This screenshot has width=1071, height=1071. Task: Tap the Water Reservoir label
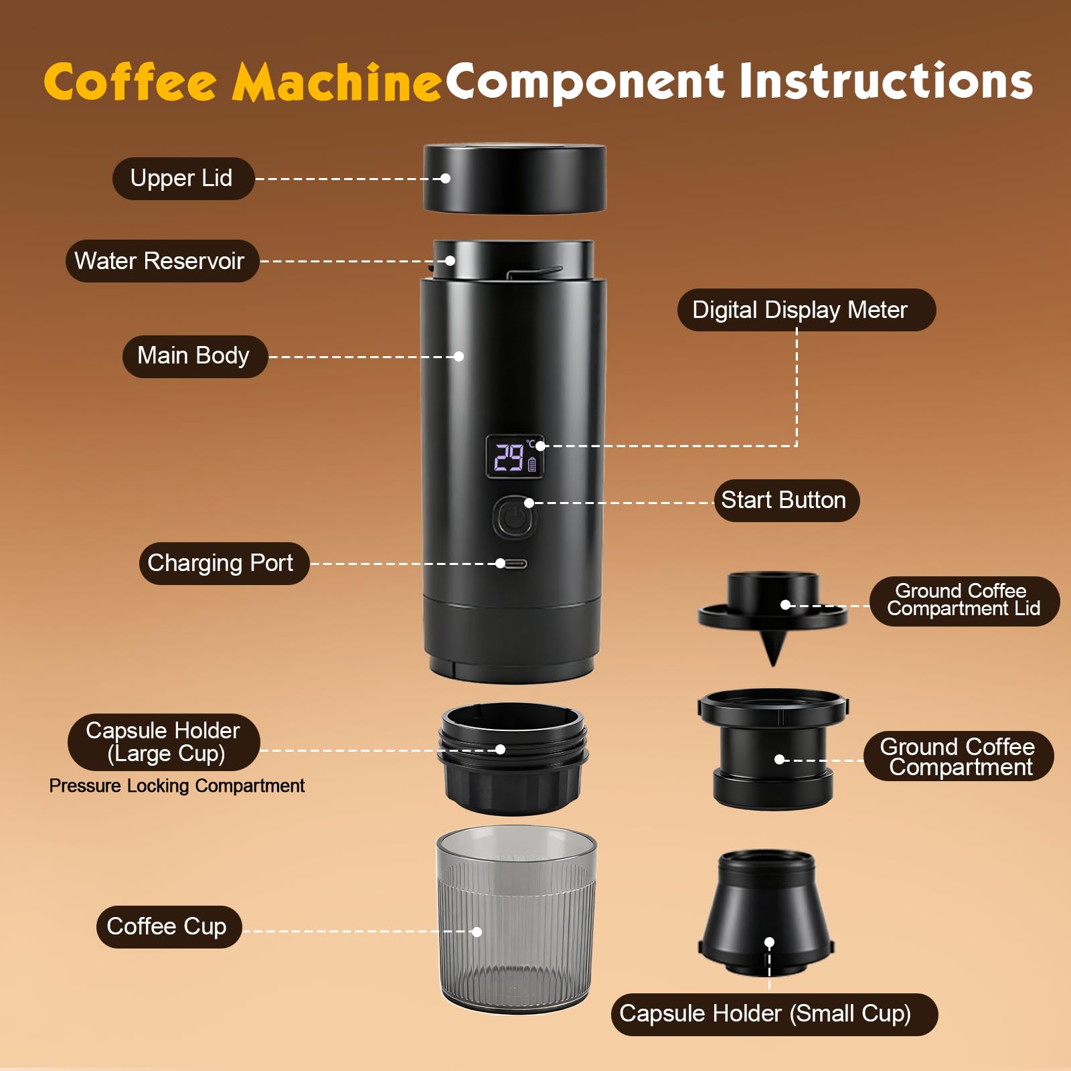point(161,261)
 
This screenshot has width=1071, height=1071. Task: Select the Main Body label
point(194,356)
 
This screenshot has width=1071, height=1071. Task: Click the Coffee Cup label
point(168,927)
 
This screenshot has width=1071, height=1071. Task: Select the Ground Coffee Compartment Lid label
point(963,600)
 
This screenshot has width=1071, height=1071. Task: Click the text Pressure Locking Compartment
point(177,786)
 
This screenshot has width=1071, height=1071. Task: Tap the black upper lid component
point(514,179)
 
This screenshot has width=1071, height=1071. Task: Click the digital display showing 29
point(514,457)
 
